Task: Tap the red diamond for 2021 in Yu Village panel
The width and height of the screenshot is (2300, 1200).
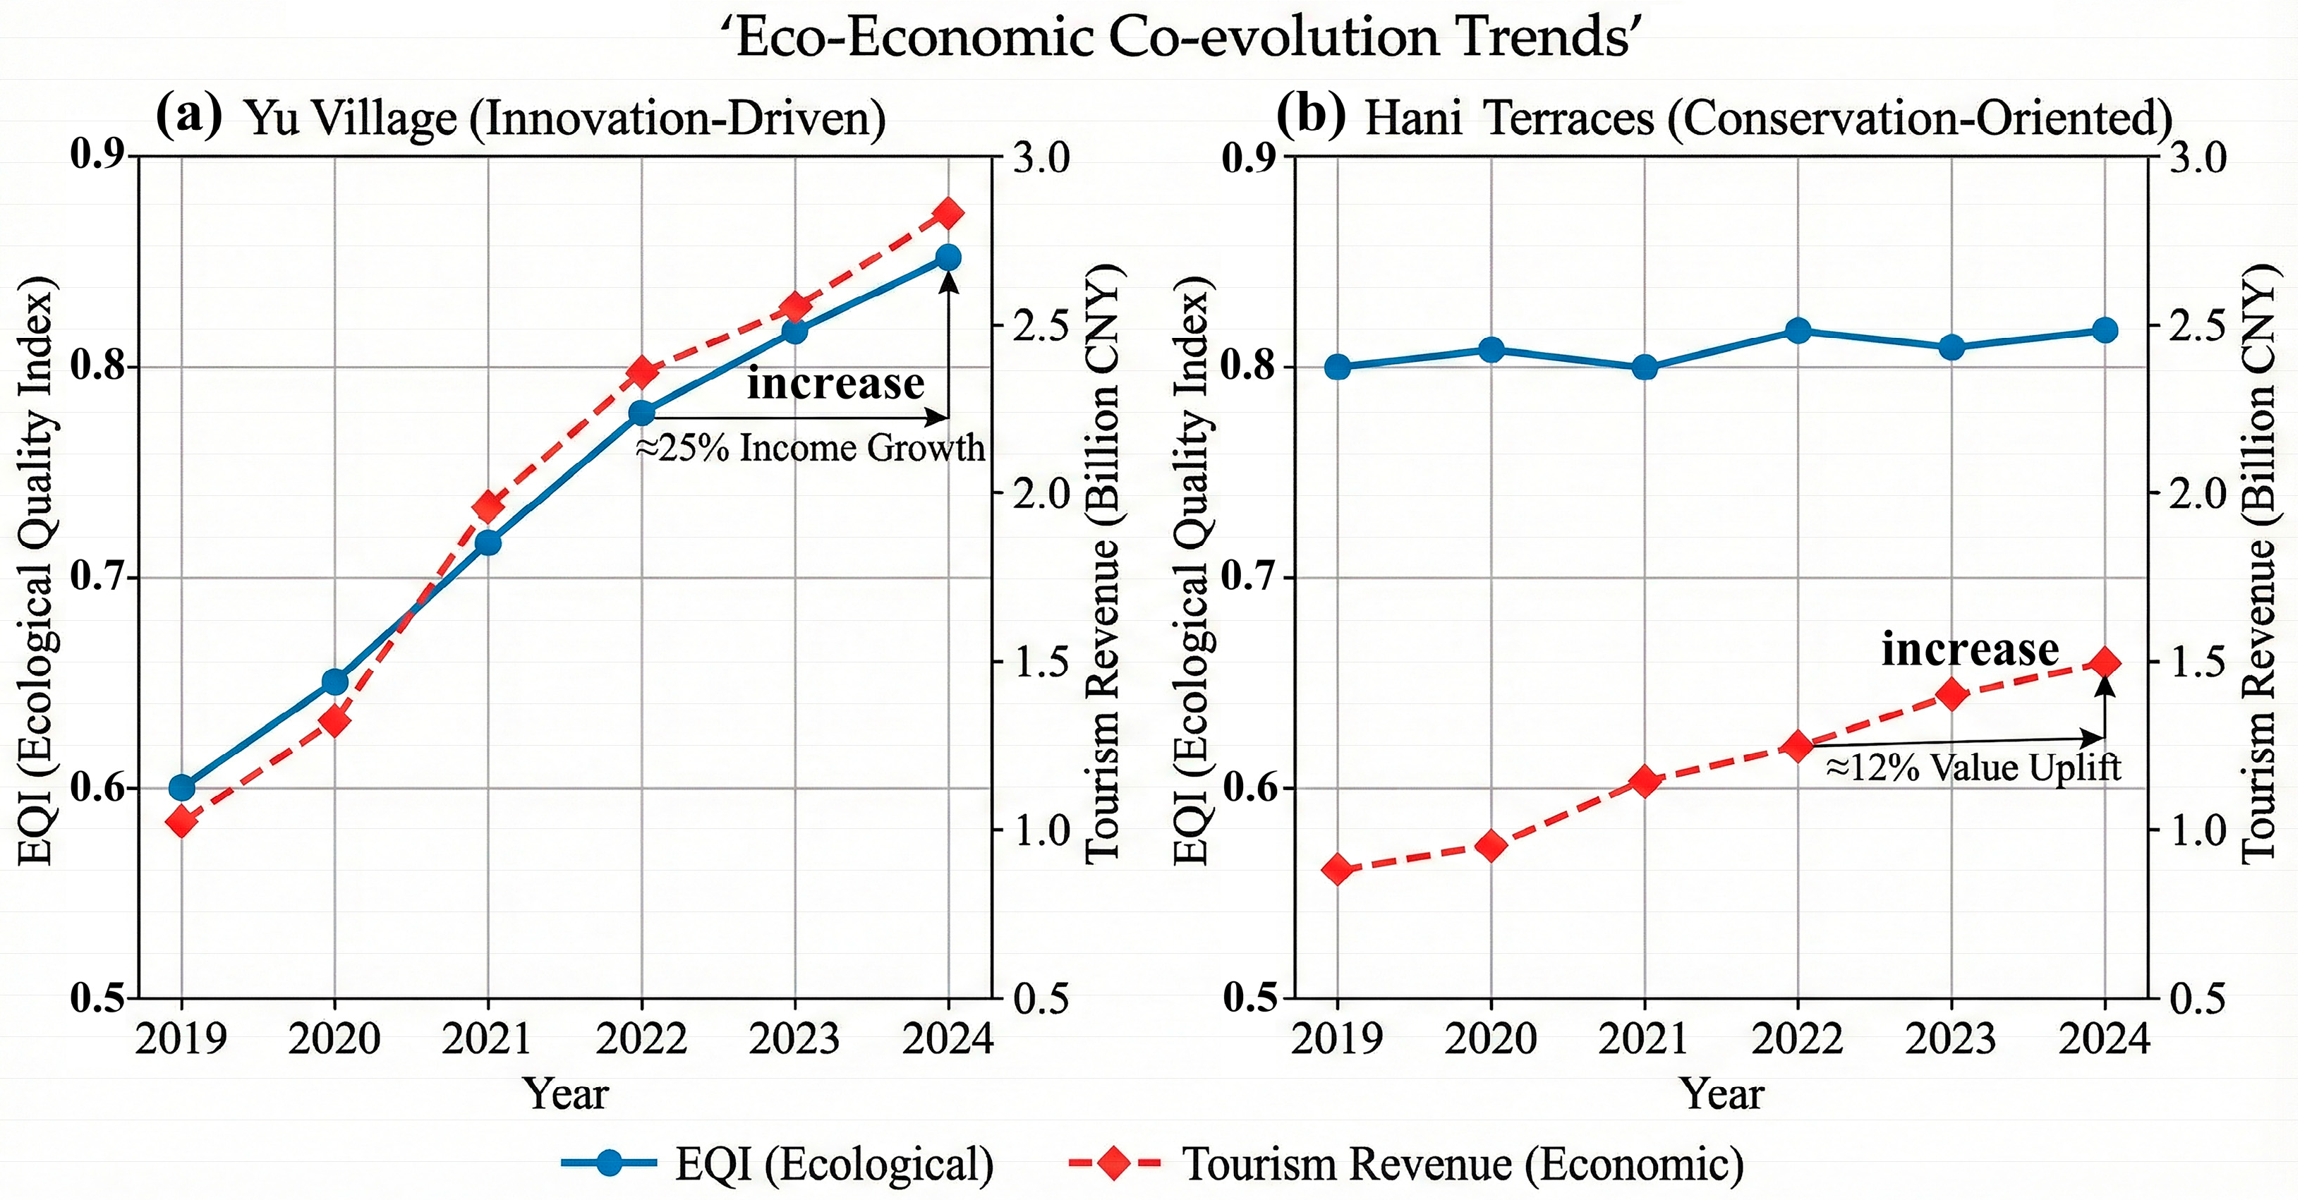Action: tap(488, 507)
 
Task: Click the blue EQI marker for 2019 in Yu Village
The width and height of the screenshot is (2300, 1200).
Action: tap(181, 787)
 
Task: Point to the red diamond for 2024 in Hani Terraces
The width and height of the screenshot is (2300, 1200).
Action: tap(2105, 663)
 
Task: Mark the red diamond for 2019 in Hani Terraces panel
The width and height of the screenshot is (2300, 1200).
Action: tap(1338, 868)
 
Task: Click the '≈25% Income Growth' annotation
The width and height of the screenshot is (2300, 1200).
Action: tap(809, 447)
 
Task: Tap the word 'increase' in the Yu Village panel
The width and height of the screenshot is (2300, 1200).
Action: tap(836, 383)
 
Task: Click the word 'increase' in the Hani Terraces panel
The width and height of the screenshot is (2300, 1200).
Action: tap(1970, 649)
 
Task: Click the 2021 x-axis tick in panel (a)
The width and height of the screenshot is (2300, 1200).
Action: tap(488, 1038)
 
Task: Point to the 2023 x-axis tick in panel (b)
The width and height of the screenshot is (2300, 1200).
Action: tap(1951, 1038)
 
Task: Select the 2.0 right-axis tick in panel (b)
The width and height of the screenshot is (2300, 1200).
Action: tap(2197, 494)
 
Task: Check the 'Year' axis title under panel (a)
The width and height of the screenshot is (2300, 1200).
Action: tap(565, 1093)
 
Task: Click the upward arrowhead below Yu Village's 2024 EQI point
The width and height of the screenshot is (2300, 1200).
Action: tap(948, 281)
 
